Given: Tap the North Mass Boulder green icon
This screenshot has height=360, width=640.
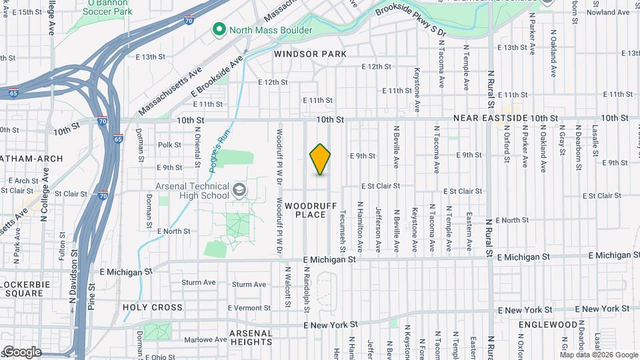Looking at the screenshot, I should pyautogui.click(x=218, y=30).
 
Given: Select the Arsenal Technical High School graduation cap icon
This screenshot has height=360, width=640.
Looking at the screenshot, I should pyautogui.click(x=239, y=191).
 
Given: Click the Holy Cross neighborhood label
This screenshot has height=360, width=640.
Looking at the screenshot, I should pyautogui.click(x=153, y=307).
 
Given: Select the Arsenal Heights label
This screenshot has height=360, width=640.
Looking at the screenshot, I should pyautogui.click(x=251, y=337).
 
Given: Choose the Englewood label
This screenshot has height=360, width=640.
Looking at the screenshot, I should pyautogui.click(x=550, y=325).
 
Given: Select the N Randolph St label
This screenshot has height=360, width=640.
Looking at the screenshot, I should pyautogui.click(x=307, y=290).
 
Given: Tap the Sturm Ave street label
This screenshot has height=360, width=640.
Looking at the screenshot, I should pyautogui.click(x=199, y=283).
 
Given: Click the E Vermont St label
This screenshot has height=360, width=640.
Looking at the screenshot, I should pyautogui.click(x=249, y=308).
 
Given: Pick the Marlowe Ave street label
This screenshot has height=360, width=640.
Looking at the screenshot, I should pyautogui.click(x=199, y=339).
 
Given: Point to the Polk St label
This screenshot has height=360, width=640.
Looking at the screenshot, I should pyautogui.click(x=170, y=145).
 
